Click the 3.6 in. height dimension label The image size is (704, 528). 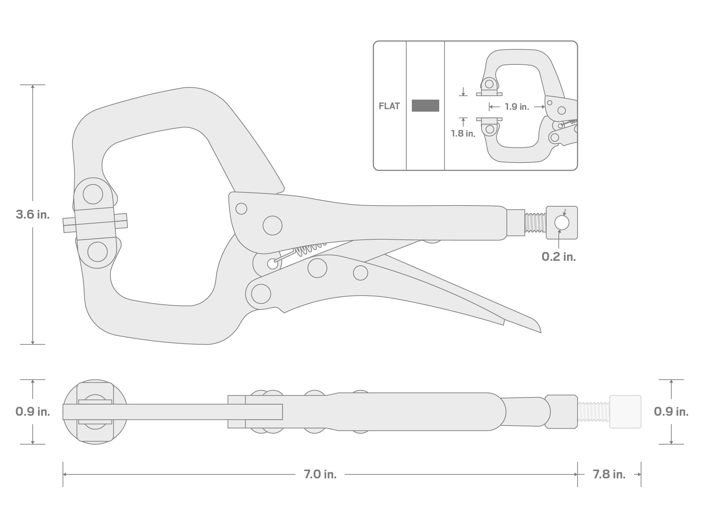[33, 214]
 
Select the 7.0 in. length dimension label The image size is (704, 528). [320, 474]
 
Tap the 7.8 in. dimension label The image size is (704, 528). [609, 474]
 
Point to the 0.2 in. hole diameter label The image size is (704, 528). [559, 257]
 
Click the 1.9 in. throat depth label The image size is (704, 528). [517, 107]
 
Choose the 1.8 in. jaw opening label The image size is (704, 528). [463, 133]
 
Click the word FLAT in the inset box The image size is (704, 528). [389, 106]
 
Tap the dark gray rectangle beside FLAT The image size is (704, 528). [425, 106]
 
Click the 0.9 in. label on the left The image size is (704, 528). [33, 411]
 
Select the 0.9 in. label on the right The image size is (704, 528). [671, 411]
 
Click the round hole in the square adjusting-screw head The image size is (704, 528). [561, 223]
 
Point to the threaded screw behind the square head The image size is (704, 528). [535, 223]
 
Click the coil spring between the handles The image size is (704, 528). [310, 249]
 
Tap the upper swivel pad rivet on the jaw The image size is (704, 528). [93, 194]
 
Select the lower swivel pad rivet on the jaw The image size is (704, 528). [98, 252]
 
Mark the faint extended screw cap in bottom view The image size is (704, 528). [625, 411]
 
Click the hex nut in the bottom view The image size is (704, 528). [561, 411]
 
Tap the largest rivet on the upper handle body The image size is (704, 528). [272, 226]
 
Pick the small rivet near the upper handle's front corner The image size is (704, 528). [241, 209]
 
